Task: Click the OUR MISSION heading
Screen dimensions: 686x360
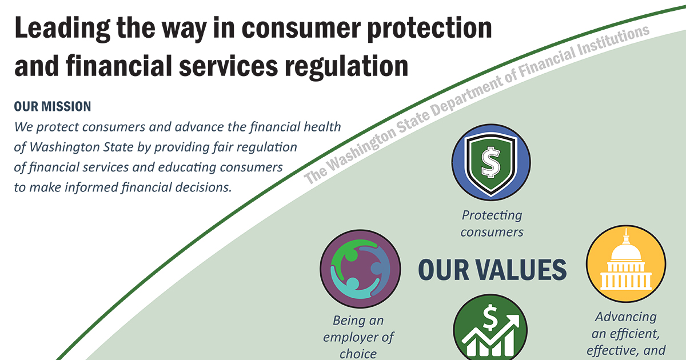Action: [x=53, y=106]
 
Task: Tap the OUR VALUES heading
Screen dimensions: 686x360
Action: [x=492, y=270]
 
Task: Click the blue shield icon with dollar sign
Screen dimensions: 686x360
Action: [x=491, y=162]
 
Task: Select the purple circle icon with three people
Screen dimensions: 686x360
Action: [x=360, y=269]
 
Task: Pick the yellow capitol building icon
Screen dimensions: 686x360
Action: [x=626, y=263]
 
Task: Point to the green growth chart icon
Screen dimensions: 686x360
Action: [x=490, y=327]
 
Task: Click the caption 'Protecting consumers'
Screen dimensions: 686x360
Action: [x=492, y=224]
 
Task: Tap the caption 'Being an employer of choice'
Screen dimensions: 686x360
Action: [x=358, y=337]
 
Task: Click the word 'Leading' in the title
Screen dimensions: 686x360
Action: [x=62, y=29]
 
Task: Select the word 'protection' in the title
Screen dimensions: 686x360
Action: [x=429, y=29]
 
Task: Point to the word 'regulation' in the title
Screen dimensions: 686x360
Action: [x=346, y=66]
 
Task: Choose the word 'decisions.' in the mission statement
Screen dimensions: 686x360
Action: [x=204, y=187]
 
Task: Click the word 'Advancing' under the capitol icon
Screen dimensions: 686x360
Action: [x=625, y=317]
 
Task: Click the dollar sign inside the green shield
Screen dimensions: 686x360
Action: [x=491, y=162]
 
